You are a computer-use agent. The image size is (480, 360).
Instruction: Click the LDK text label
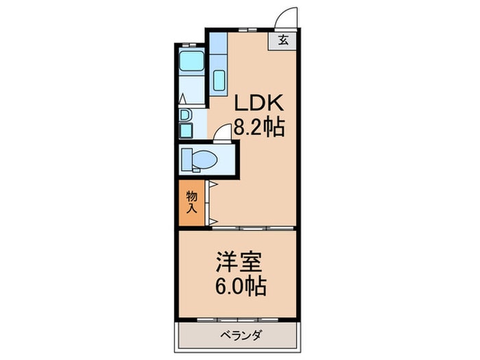[x=259, y=103]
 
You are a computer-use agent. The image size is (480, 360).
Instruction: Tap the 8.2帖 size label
[x=259, y=126]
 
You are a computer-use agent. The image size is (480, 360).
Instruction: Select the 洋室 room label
[x=239, y=262]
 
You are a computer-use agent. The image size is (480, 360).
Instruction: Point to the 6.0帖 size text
[x=241, y=286]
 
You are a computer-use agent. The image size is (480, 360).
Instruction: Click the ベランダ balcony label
[x=241, y=335]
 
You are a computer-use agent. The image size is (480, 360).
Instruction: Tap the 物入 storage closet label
[x=191, y=202]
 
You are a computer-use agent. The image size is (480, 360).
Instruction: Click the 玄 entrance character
[x=283, y=40]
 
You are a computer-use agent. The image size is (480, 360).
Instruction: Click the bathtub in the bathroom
[x=191, y=61]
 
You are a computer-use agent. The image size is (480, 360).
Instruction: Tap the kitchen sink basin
[x=219, y=80]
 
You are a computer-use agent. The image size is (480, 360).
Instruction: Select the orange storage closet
[x=191, y=203]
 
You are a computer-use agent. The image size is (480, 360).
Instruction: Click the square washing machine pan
[x=186, y=131]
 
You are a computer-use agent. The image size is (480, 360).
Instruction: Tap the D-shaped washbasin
[x=185, y=115]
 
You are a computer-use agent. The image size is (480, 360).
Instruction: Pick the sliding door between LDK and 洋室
[x=253, y=228]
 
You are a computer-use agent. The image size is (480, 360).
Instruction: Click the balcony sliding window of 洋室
[x=238, y=320]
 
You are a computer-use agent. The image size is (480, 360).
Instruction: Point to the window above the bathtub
[x=189, y=45]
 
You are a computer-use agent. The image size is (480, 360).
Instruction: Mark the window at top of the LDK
[x=248, y=29]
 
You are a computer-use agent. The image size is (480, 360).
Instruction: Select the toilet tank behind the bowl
[x=187, y=159]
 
